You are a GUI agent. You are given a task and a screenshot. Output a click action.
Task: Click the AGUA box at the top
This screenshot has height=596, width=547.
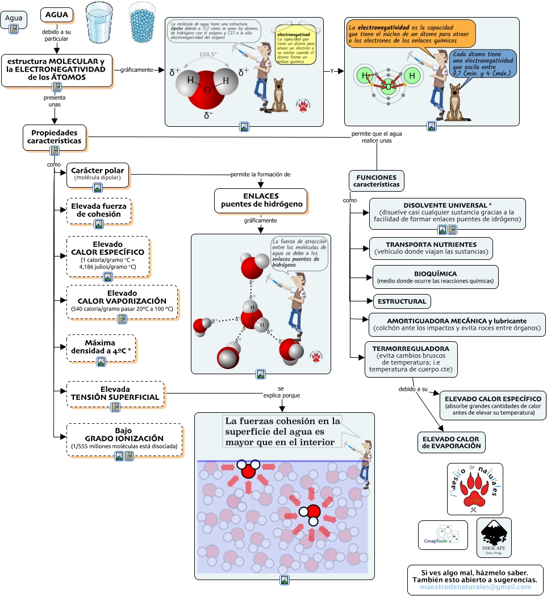point(57,15)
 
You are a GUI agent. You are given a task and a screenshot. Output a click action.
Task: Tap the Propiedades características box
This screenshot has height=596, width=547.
point(55,136)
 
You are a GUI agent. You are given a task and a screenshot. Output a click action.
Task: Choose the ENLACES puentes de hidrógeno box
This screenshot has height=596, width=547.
point(261,200)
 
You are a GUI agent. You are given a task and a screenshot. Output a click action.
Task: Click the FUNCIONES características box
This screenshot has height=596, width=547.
point(376,180)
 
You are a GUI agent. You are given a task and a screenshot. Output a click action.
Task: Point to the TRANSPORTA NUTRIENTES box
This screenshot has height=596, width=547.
point(431,247)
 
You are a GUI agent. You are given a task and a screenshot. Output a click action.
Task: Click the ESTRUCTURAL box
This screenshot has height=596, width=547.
point(400,301)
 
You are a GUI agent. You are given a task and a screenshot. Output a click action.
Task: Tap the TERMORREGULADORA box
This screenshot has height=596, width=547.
point(411,359)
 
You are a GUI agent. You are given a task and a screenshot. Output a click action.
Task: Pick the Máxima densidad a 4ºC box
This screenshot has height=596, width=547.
point(101,347)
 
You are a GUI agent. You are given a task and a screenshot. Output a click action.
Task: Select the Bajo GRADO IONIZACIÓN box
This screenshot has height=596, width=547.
point(124,438)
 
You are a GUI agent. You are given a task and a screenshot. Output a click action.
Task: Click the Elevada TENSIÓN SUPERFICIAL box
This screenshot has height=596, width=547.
point(115,393)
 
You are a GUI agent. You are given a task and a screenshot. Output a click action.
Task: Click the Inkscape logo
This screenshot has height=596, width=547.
point(494,537)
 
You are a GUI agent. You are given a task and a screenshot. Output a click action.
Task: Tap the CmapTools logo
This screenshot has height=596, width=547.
point(442,535)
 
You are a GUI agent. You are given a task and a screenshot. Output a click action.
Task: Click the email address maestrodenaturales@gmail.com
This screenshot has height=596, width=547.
point(475,586)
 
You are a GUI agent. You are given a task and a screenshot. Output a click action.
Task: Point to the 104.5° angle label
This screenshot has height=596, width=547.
point(208,55)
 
